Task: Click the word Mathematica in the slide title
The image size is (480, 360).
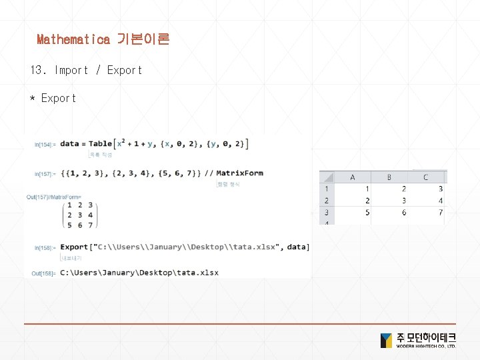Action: pyautogui.click(x=73, y=39)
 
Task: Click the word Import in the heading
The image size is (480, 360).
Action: pyautogui.click(x=71, y=70)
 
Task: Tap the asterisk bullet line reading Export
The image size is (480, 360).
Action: pyautogui.click(x=53, y=98)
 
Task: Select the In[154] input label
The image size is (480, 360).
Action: pyautogui.click(x=46, y=144)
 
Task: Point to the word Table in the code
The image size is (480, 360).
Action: pyautogui.click(x=101, y=143)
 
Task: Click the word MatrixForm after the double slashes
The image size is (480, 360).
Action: pyautogui.click(x=239, y=173)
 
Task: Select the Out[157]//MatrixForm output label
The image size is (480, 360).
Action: pyautogui.click(x=54, y=197)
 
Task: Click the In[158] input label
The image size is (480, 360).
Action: pyautogui.click(x=46, y=248)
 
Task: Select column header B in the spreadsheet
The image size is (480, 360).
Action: pyautogui.click(x=389, y=177)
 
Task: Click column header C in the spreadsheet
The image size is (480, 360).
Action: pyautogui.click(x=425, y=177)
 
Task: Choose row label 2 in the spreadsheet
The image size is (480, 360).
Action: pyautogui.click(x=327, y=201)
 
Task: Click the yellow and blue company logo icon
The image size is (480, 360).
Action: pyautogui.click(x=386, y=341)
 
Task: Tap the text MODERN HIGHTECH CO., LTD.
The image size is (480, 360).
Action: pyautogui.click(x=426, y=346)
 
